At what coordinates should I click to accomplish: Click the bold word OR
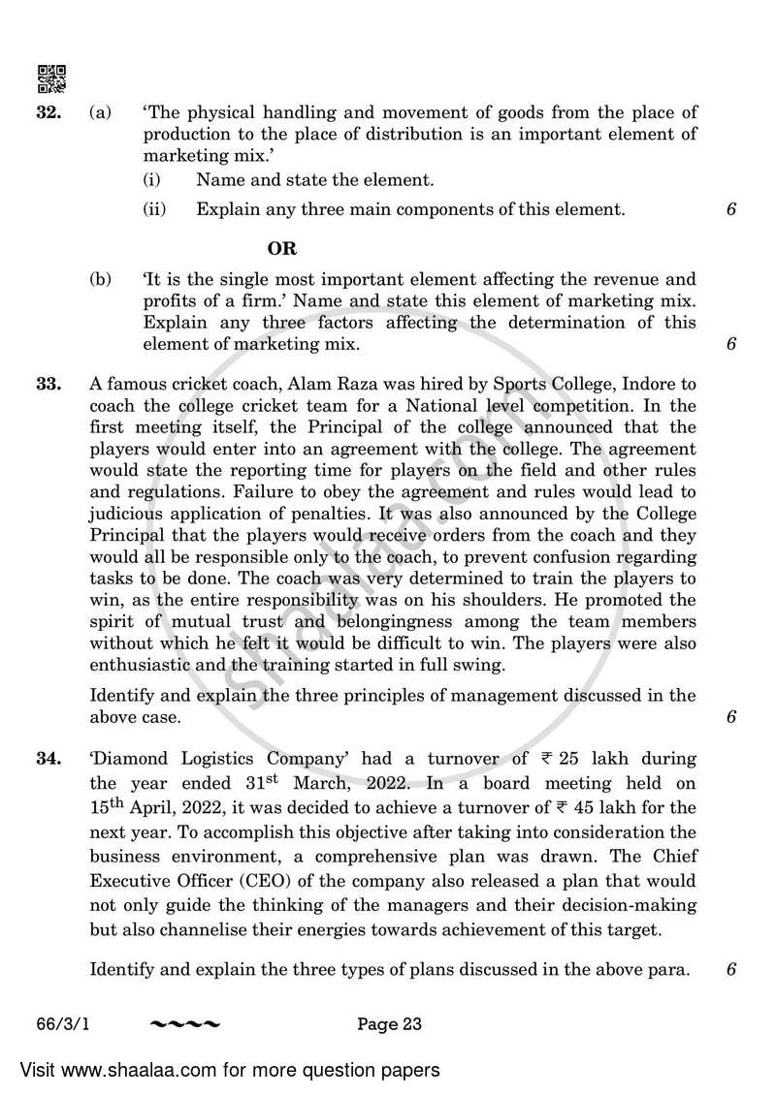[x=282, y=249]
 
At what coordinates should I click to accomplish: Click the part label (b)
[x=101, y=279]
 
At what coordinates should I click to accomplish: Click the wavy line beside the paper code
[x=185, y=1023]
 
